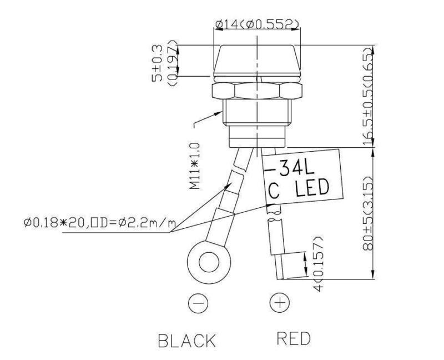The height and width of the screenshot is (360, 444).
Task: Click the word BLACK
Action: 187,341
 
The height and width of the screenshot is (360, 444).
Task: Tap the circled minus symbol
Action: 199,303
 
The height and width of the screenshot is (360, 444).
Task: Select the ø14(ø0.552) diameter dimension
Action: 257,24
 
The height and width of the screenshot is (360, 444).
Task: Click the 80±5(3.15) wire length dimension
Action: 367,214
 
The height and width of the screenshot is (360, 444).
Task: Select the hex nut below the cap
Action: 257,91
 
